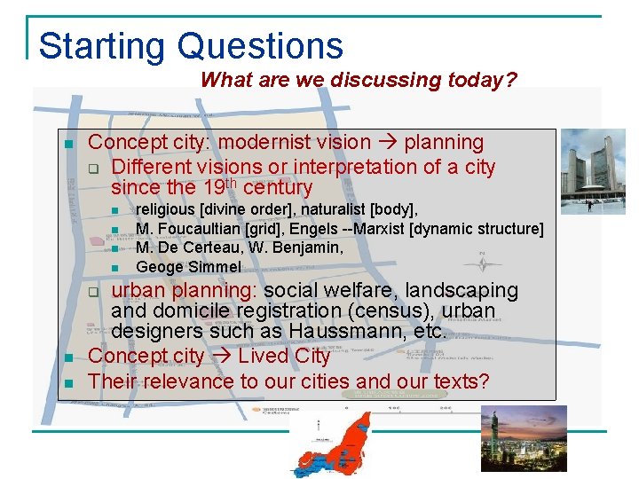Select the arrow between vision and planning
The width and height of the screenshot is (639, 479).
pyautogui.click(x=390, y=143)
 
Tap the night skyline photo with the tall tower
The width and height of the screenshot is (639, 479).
pyautogui.click(x=524, y=438)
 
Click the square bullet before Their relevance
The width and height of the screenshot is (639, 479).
pyautogui.click(x=68, y=383)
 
